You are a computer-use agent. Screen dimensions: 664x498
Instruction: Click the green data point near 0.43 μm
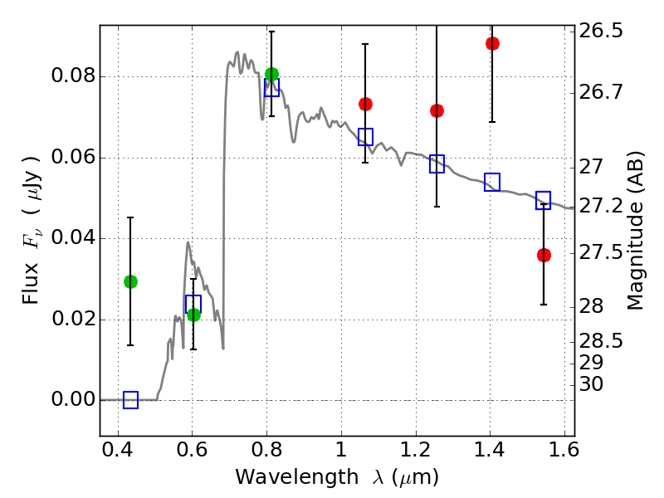tap(130, 281)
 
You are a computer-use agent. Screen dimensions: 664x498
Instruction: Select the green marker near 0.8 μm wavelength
tap(272, 74)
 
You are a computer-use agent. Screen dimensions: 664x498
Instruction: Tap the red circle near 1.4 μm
tap(492, 43)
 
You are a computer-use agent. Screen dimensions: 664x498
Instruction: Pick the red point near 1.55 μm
tap(544, 255)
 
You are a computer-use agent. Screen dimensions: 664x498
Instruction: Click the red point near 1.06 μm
tap(365, 104)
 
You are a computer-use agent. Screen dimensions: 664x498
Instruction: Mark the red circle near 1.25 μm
tap(437, 110)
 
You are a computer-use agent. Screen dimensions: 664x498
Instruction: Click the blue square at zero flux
tap(130, 400)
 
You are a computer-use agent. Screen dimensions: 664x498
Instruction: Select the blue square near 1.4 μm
tap(492, 182)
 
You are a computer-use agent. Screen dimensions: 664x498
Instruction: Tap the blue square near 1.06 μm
tap(365, 137)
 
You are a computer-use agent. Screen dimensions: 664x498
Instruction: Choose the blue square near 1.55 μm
tap(543, 200)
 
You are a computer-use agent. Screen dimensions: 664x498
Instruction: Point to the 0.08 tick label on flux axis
tap(73, 76)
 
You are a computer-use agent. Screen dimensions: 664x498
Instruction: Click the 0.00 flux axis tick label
tap(73, 399)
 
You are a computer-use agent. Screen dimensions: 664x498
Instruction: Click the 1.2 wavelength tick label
tap(416, 450)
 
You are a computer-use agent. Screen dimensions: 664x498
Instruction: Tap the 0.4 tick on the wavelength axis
tap(117, 450)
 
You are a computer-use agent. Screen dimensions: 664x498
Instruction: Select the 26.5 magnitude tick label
tap(601, 31)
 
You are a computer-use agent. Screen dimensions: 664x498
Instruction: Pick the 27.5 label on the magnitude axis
tap(601, 253)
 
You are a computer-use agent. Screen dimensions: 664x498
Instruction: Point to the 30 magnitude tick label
tap(591, 384)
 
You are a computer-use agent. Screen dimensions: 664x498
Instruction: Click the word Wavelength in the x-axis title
tap(297, 477)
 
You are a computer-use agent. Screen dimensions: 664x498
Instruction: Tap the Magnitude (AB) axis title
tap(634, 231)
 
